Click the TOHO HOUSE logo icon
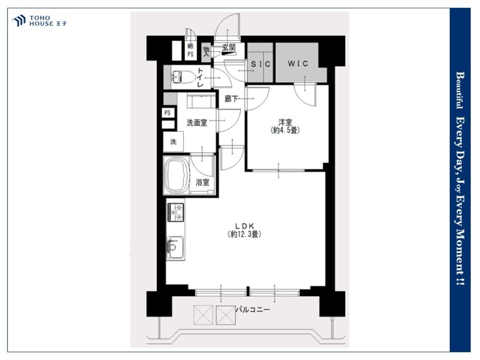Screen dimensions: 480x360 pos(18,21)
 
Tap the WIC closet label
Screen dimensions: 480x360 pos(298,64)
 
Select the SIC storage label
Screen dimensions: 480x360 pos(261,64)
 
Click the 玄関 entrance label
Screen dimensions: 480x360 pos(228,48)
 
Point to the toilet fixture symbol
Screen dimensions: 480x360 pos(183,77)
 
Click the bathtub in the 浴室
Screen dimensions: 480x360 pos(176,176)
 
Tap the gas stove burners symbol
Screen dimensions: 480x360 pos(175,212)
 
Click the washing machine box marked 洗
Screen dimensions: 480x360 pos(173,142)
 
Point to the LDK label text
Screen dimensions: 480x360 pos(245,226)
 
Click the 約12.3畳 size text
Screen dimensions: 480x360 pos(244,235)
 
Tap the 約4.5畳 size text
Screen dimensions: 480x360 pos(285,130)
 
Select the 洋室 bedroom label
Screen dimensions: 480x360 pos(285,122)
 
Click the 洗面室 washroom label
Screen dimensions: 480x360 pos(197,123)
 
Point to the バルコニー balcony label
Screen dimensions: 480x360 pos(252,310)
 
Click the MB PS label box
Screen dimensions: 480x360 pos(191,50)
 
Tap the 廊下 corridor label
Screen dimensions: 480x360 pos(231,98)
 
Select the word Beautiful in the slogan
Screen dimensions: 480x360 pos(459,90)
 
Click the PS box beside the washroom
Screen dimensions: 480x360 pos(168,113)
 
